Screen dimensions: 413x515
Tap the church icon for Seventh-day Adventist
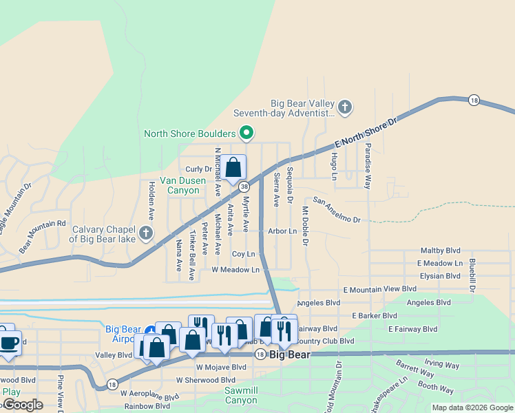click(345, 107)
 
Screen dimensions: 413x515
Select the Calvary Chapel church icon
click(145, 233)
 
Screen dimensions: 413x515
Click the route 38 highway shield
click(244, 187)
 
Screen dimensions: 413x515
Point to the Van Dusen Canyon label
click(183, 185)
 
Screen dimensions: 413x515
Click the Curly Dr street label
click(198, 169)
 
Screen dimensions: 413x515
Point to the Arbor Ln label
click(282, 231)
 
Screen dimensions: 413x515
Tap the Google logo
click(22, 405)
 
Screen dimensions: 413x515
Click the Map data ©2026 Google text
click(472, 407)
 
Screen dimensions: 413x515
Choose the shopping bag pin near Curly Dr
click(233, 167)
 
